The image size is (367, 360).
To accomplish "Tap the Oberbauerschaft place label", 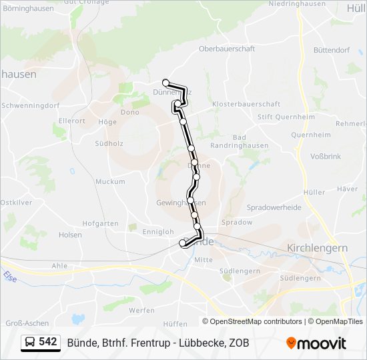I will [x=226, y=67].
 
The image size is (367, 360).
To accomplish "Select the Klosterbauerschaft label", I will [x=246, y=105].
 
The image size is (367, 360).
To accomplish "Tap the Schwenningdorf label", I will [x=31, y=105].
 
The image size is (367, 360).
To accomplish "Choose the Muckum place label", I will [x=110, y=181].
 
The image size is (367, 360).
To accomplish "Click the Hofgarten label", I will [x=101, y=223].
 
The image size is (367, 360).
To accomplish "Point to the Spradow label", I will [x=238, y=222].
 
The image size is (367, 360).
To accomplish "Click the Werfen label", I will [x=142, y=310].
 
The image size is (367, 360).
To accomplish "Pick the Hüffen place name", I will [x=175, y=323].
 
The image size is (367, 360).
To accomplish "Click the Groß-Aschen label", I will [x=23, y=323].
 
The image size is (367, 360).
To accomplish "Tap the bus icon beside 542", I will [x=31, y=343].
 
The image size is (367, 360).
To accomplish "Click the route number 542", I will [x=48, y=342].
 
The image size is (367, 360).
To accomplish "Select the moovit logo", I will [x=316, y=343].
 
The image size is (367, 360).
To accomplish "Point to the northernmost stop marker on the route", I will [x=165, y=82].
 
